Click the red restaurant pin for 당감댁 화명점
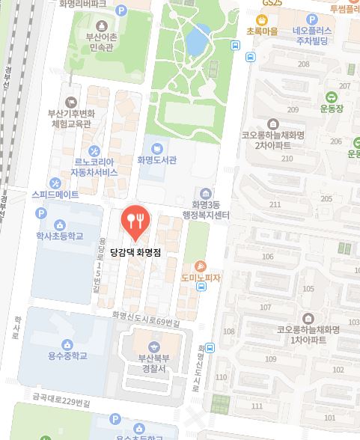coord(135,219)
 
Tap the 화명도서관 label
coord(156,159)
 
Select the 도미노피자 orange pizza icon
coord(201,266)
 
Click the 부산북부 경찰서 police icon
coord(154,346)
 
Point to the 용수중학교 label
coord(67,355)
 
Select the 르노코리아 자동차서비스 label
coord(94,167)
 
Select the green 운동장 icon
coord(330,97)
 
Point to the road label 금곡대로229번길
coord(55,402)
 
